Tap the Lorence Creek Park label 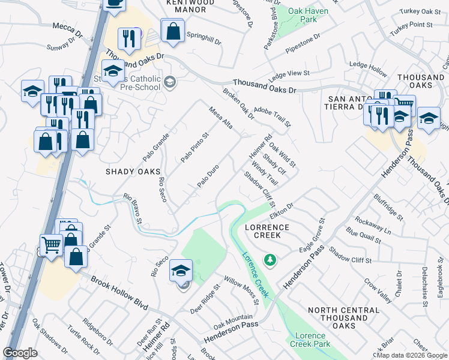[x=310, y=340]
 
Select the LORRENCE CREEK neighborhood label [x=267, y=232]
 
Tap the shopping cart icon [x=51, y=244]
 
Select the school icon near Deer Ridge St [x=181, y=271]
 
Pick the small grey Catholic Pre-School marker [x=170, y=82]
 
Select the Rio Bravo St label [x=133, y=208]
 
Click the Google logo [x=20, y=353]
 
